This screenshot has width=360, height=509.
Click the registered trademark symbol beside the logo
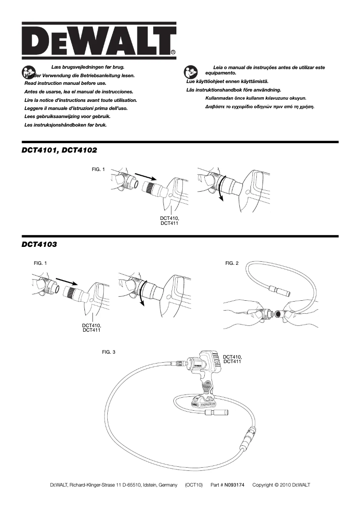click(x=173, y=53)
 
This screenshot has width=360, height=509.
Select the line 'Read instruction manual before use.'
click(x=65, y=83)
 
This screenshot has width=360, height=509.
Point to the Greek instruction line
click(x=259, y=107)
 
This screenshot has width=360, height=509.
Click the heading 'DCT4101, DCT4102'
click(x=59, y=150)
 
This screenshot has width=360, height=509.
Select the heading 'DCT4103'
click(x=39, y=245)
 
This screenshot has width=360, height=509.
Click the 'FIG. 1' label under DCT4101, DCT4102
click(x=98, y=170)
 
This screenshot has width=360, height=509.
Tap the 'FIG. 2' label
click(x=232, y=263)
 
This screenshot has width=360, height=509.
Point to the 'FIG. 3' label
click(x=109, y=352)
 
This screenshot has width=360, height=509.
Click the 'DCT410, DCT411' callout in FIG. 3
click(x=233, y=359)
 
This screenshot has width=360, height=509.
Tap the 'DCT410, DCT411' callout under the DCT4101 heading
click(x=170, y=220)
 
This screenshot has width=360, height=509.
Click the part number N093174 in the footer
click(x=234, y=485)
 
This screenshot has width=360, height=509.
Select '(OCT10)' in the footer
click(x=194, y=485)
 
